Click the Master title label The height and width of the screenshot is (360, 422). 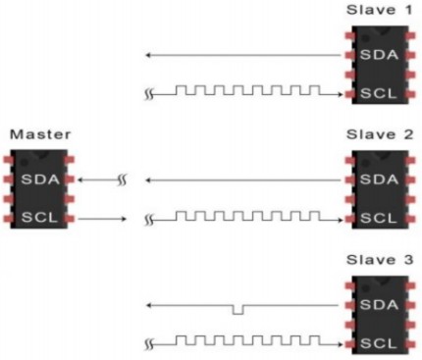(x=31, y=134)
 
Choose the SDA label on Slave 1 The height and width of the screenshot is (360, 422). (x=376, y=56)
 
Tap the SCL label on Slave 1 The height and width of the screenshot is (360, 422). (x=376, y=92)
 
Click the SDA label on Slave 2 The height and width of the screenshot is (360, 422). (x=376, y=180)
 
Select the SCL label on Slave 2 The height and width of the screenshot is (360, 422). (x=376, y=217)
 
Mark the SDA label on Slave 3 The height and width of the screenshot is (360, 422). (x=376, y=305)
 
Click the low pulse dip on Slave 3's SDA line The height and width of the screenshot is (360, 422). (x=236, y=310)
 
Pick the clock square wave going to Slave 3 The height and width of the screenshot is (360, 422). (x=250, y=341)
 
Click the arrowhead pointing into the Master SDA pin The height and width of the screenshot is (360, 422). (x=80, y=180)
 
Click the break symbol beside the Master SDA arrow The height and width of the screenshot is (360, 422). (x=119, y=180)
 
